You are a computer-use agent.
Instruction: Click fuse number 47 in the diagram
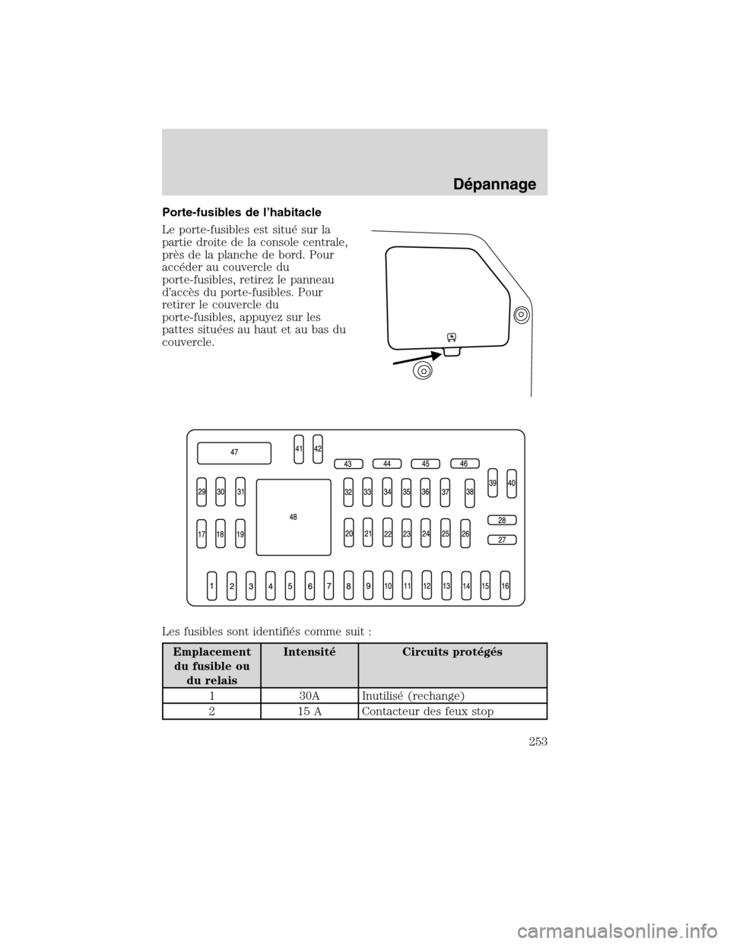[234, 452]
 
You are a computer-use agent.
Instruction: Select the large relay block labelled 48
[294, 517]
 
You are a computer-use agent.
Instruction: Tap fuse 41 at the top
[299, 448]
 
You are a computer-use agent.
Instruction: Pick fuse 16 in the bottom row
[505, 586]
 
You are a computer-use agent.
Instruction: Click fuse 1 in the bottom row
[212, 586]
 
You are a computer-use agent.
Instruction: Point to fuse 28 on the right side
[502, 521]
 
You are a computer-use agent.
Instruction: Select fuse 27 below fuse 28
[502, 540]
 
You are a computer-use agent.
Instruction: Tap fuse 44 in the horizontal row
[387, 463]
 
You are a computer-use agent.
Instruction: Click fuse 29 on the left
[202, 492]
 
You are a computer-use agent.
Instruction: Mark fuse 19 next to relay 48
[240, 534]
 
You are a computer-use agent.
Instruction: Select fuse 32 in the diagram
[348, 492]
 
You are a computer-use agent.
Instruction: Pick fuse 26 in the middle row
[465, 534]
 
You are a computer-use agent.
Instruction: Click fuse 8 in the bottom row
[348, 586]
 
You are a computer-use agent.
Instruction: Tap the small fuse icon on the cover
[451, 336]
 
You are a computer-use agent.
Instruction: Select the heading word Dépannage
[501, 183]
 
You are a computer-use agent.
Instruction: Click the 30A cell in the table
[309, 695]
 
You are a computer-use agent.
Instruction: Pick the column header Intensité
[309, 652]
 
